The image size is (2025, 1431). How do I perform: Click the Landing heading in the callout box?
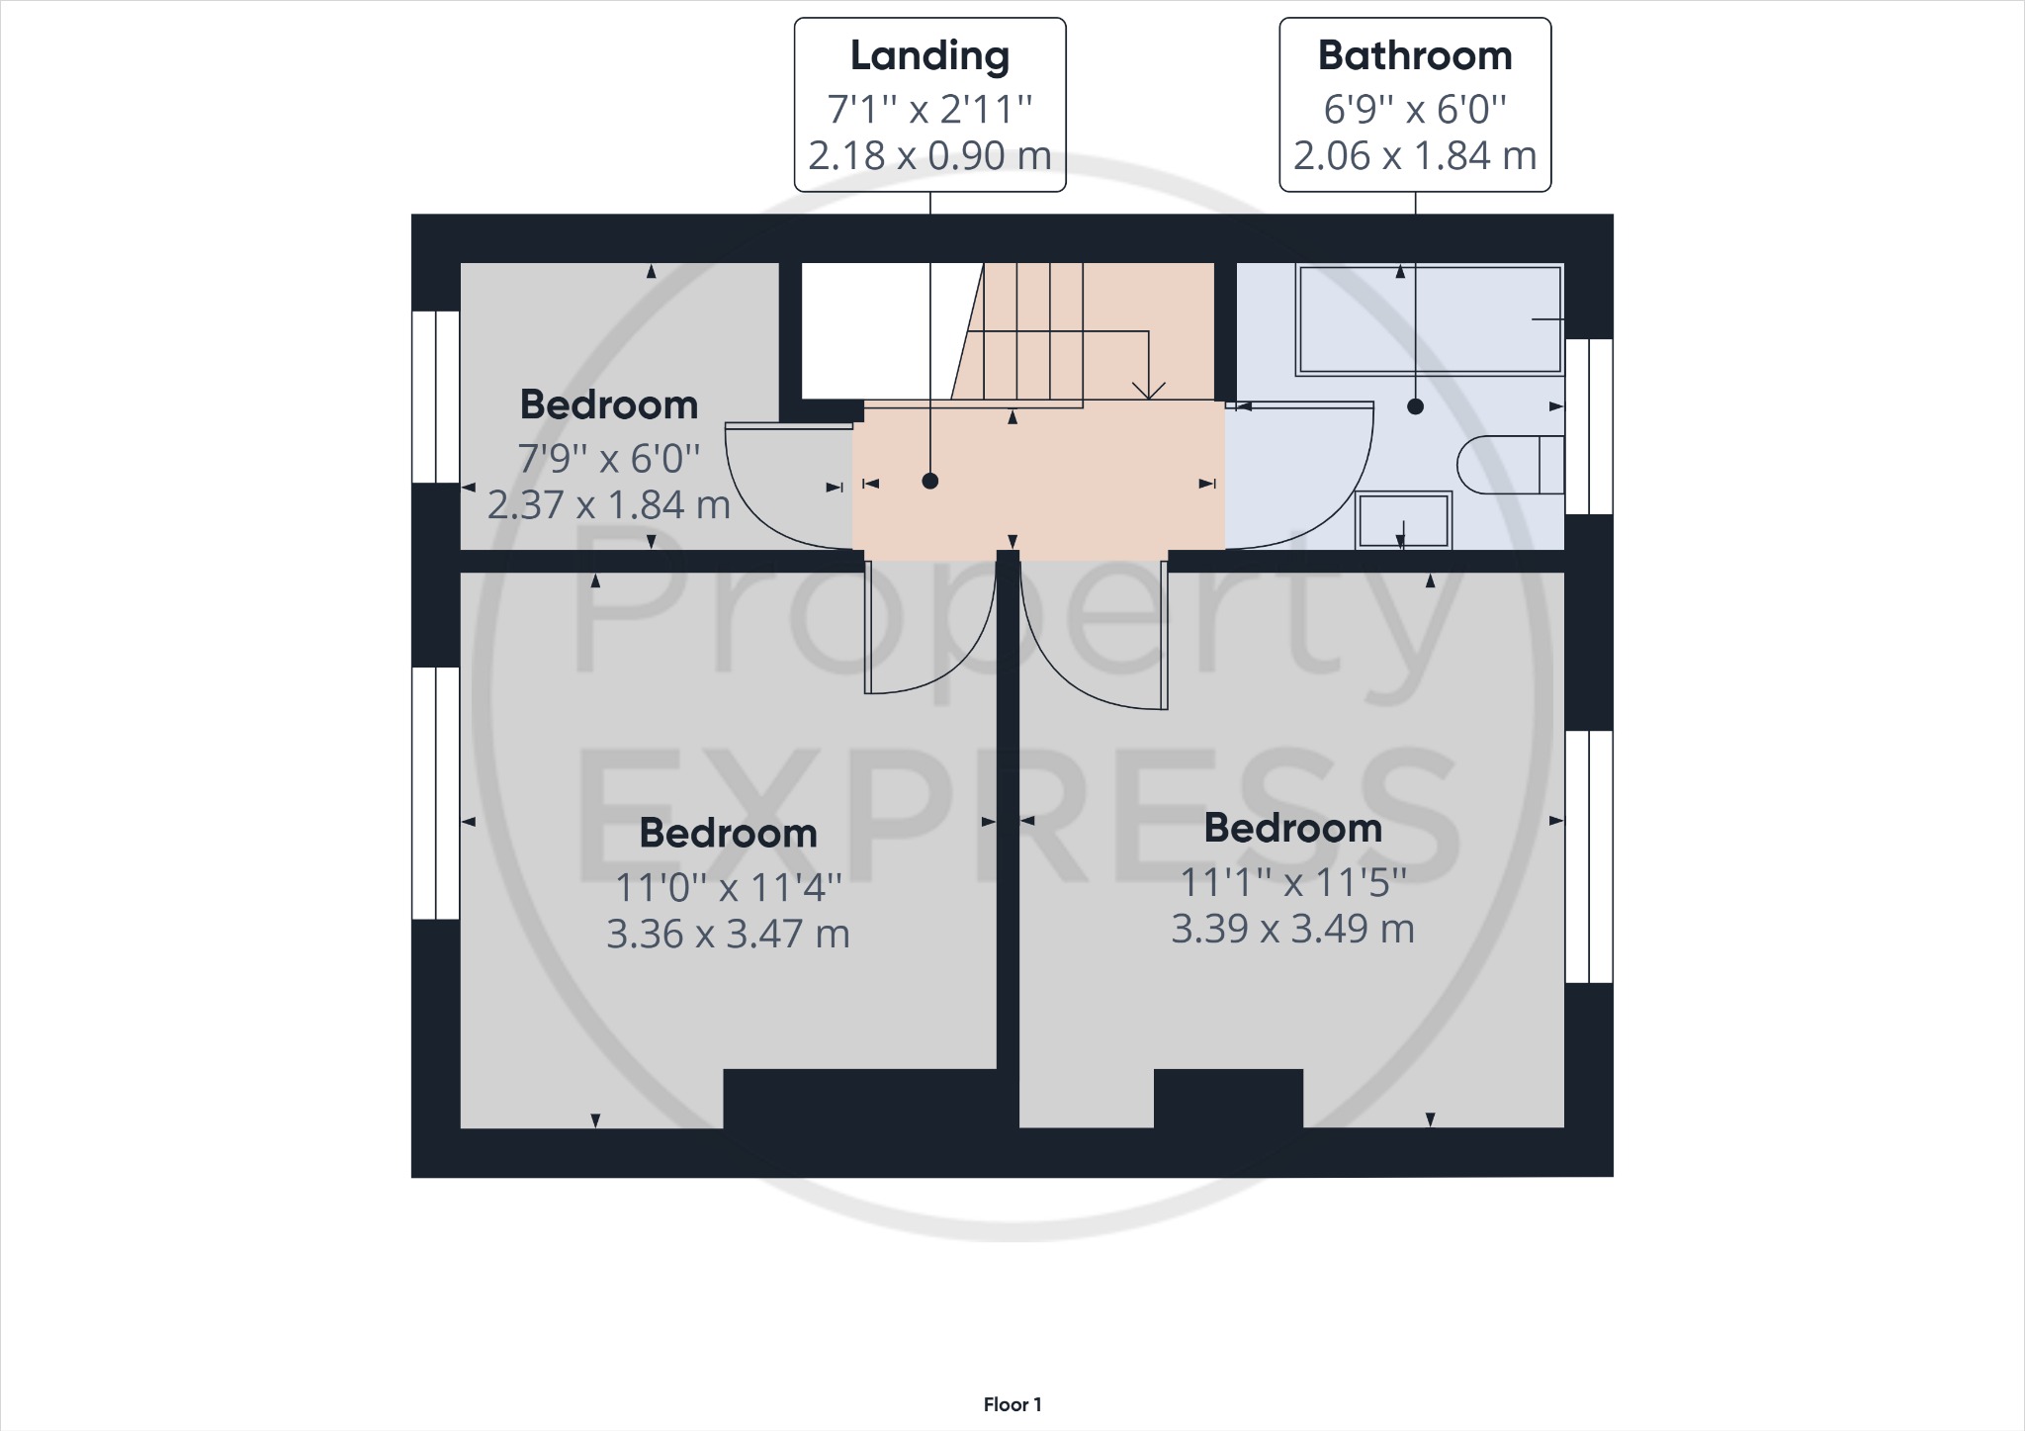929,56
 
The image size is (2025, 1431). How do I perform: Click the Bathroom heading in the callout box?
1414,56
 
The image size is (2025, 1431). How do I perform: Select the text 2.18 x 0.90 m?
929,156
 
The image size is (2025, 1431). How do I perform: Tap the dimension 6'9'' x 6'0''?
1414,109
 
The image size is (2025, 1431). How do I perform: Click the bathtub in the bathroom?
1429,319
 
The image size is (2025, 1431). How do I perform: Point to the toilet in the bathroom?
1508,464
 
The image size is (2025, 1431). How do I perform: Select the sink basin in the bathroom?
1403,520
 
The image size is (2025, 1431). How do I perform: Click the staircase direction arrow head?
1147,391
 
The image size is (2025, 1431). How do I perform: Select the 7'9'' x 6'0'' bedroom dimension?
609,458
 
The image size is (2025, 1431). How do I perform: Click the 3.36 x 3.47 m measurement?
728,935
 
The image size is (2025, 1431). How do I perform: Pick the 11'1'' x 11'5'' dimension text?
1292,882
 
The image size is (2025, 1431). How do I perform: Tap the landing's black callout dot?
929,482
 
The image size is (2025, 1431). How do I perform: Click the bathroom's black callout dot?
1415,406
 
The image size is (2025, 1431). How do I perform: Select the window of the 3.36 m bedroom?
435,793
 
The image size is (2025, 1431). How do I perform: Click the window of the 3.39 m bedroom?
1589,856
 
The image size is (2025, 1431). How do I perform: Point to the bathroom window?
1589,426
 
